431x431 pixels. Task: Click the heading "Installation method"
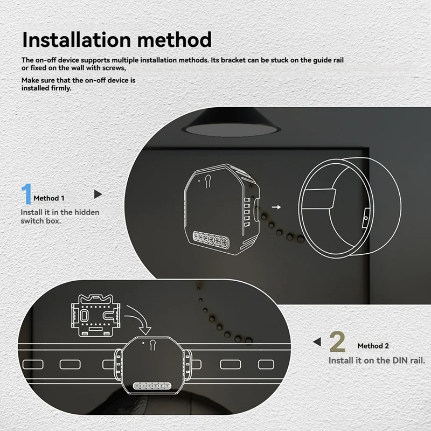tap(117, 40)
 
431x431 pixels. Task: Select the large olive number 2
tap(337, 343)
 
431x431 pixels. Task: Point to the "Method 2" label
tap(373, 346)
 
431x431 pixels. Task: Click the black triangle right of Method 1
tap(98, 193)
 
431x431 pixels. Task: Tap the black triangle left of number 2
tap(318, 342)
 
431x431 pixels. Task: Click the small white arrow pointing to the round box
tap(276, 206)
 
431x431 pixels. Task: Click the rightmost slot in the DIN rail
tap(267, 365)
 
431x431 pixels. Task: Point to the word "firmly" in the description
tap(60, 88)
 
